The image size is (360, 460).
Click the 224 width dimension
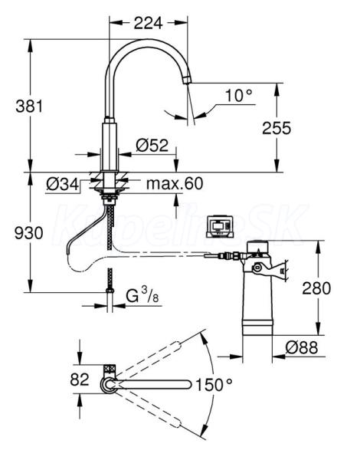pyautogui.click(x=148, y=23)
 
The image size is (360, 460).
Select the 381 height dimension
pyautogui.click(x=29, y=106)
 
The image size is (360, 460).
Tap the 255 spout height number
pyautogui.click(x=277, y=128)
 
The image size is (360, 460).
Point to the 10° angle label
pyautogui.click(x=239, y=95)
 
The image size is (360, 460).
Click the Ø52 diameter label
pyautogui.click(x=152, y=145)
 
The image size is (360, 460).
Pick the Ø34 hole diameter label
pyautogui.click(x=63, y=185)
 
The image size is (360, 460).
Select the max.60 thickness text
pyautogui.click(x=175, y=183)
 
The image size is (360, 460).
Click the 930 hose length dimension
pyautogui.click(x=29, y=233)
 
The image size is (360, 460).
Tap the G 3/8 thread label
pyautogui.click(x=142, y=295)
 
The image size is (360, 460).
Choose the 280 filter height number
pyautogui.click(x=316, y=288)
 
